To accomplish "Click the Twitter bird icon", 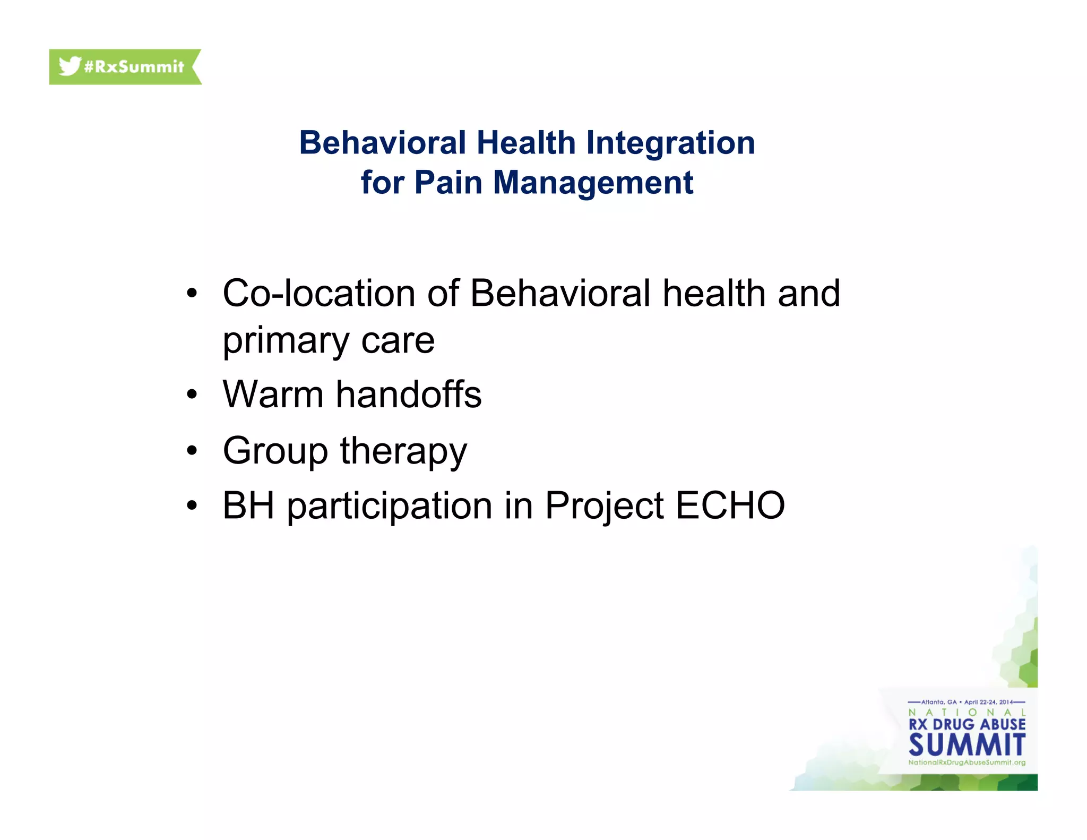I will tap(70, 66).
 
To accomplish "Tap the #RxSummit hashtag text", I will tap(134, 67).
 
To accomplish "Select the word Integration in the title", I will tap(670, 143).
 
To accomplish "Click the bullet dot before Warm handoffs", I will tap(192, 395).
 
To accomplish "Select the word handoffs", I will tap(409, 395).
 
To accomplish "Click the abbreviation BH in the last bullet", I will tap(248, 505).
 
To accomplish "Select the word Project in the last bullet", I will tap(604, 506).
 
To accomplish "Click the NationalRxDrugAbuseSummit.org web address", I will tap(967, 762).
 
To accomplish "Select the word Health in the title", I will tap(525, 143).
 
